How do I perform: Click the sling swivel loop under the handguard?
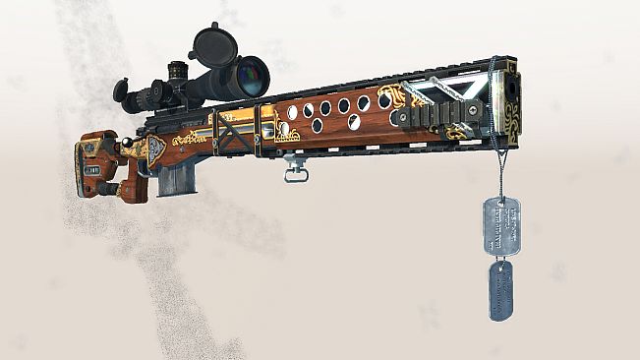click(296, 173)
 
